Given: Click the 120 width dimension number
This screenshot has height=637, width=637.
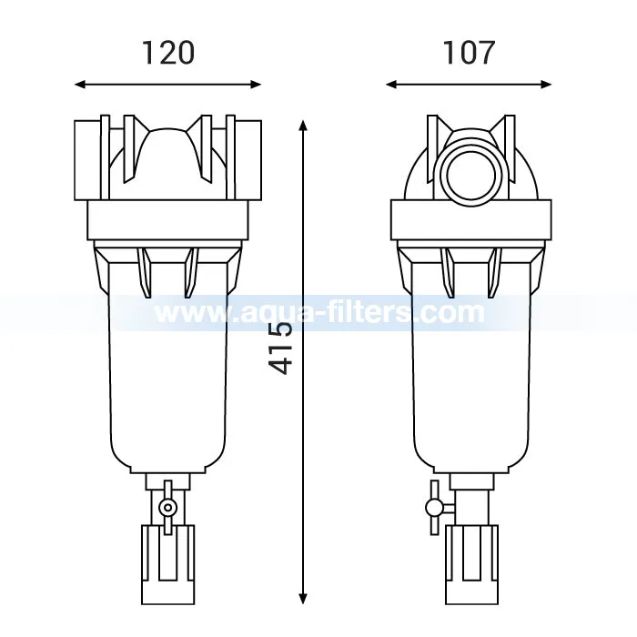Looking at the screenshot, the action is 168,53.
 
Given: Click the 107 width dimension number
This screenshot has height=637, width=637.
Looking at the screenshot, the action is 468,53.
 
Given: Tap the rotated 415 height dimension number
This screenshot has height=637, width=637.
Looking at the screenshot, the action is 280,349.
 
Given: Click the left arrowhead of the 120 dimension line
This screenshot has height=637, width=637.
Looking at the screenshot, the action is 80,85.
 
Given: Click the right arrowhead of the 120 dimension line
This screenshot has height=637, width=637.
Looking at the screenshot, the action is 256,85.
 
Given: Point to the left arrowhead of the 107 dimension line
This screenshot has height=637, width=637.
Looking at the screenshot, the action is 391,85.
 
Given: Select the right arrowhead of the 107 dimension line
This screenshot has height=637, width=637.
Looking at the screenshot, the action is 546,85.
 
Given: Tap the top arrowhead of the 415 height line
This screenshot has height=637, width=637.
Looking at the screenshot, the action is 303,126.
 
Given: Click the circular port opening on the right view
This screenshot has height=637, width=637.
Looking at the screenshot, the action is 471,177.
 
